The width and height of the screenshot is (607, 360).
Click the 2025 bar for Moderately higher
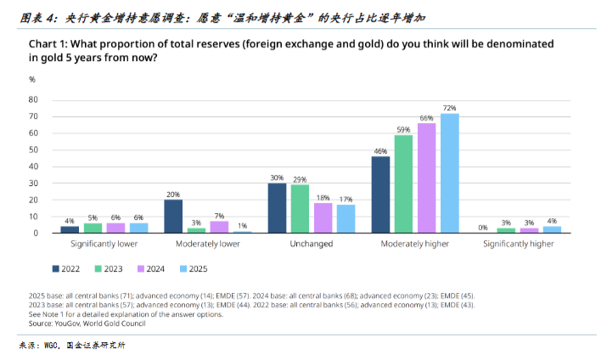click(x=450, y=173)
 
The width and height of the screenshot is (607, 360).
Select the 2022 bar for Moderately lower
click(x=173, y=216)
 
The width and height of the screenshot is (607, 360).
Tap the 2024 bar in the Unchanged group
click(x=323, y=217)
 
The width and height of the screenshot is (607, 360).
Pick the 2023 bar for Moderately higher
click(x=403, y=183)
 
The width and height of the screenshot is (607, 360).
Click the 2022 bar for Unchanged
click(x=277, y=208)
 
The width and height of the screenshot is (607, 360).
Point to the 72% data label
click(x=450, y=108)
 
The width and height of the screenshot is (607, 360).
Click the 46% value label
click(x=380, y=151)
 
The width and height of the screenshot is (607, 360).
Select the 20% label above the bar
click(x=173, y=194)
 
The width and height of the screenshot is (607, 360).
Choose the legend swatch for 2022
click(x=56, y=268)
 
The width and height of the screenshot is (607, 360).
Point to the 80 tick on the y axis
click(x=34, y=98)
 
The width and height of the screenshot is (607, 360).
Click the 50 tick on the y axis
click(x=34, y=149)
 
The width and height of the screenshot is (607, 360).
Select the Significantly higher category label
click(x=518, y=244)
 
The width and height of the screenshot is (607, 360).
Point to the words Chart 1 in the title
click(x=48, y=42)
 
